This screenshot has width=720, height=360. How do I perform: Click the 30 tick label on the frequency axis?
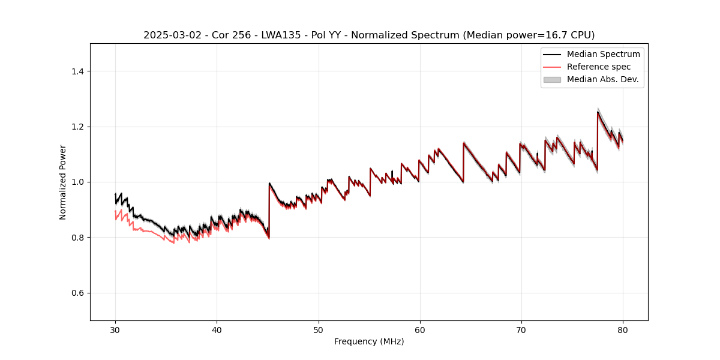[x=115, y=329]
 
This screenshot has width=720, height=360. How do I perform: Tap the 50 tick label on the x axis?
[x=319, y=329]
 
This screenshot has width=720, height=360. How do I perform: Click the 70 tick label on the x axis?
[x=521, y=329]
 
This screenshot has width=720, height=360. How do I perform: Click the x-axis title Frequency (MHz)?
[x=369, y=341]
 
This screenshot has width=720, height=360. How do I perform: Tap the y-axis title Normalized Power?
[x=63, y=182]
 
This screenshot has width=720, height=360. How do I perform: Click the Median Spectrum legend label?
[x=603, y=54]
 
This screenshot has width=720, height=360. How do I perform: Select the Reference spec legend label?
[x=599, y=67]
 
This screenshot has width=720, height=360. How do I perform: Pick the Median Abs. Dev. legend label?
[x=602, y=79]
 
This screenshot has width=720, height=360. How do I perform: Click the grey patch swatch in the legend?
[x=552, y=79]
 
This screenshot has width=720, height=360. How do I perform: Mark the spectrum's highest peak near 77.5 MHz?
[x=598, y=112]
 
